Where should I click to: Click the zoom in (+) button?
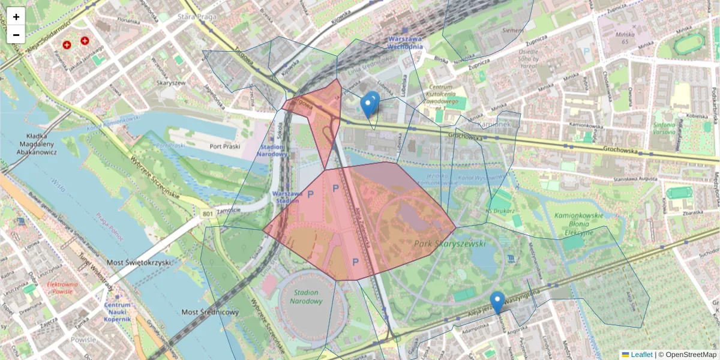click(16, 17)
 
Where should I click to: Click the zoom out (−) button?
click(16, 35)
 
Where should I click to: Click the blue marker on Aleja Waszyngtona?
click(497, 302)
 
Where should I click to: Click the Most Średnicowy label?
click(210, 312)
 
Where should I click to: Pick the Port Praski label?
click(225, 146)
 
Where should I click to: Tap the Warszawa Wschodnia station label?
click(405, 43)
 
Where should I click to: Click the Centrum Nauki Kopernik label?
click(117, 312)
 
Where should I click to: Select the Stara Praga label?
click(197, 17)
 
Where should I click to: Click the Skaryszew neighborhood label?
click(171, 83)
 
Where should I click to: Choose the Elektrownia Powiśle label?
click(62, 288)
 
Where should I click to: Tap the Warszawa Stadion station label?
click(286, 197)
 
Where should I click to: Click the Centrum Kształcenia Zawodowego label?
click(445, 96)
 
